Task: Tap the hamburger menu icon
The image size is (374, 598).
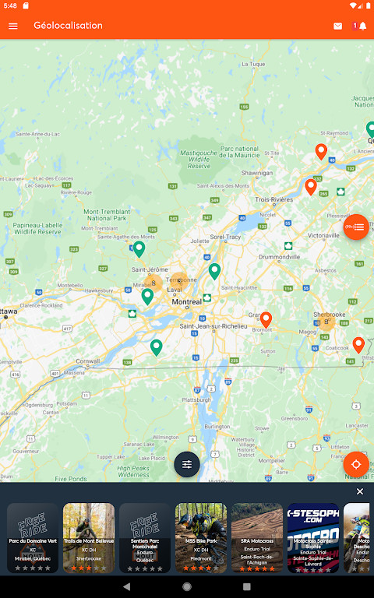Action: tap(12, 26)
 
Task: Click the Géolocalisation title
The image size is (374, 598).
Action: tap(68, 26)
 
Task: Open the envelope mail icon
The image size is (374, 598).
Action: tap(337, 26)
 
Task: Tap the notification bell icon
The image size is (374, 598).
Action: tap(362, 26)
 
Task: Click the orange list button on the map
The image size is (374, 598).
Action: tap(356, 227)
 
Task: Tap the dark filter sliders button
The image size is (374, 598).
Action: tap(187, 464)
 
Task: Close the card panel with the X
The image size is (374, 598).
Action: tap(360, 491)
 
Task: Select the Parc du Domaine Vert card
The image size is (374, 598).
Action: tap(33, 538)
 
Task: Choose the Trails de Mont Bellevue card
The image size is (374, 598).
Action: tap(89, 538)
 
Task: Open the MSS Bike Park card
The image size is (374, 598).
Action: tap(201, 538)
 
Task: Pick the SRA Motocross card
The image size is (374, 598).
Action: tap(257, 538)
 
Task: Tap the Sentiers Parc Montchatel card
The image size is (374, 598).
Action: tap(145, 538)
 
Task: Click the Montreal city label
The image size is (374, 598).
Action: tap(187, 301)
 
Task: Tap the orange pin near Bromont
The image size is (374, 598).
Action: tap(266, 319)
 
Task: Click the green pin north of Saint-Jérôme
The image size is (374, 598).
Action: tap(139, 248)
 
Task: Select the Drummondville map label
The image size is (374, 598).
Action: tap(284, 256)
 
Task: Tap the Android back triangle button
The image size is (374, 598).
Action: tap(126, 586)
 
